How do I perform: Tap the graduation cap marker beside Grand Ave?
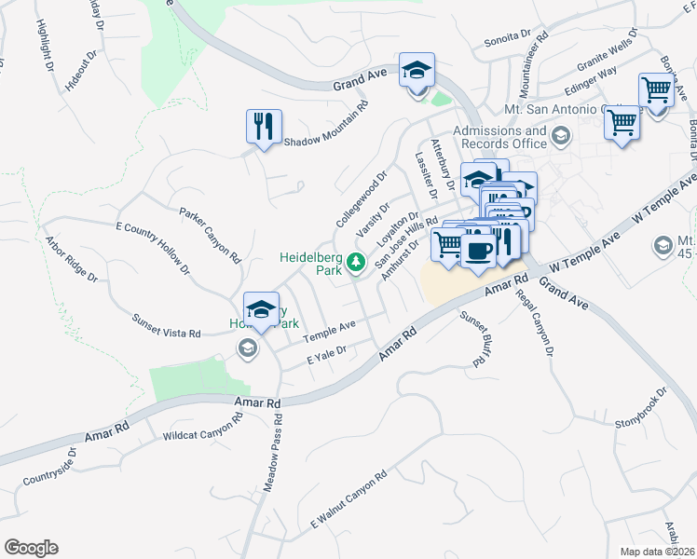point(417,70)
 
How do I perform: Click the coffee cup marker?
point(479,251)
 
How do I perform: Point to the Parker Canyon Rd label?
point(211,233)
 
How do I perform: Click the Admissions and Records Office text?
point(499,138)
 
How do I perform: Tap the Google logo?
point(31,548)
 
